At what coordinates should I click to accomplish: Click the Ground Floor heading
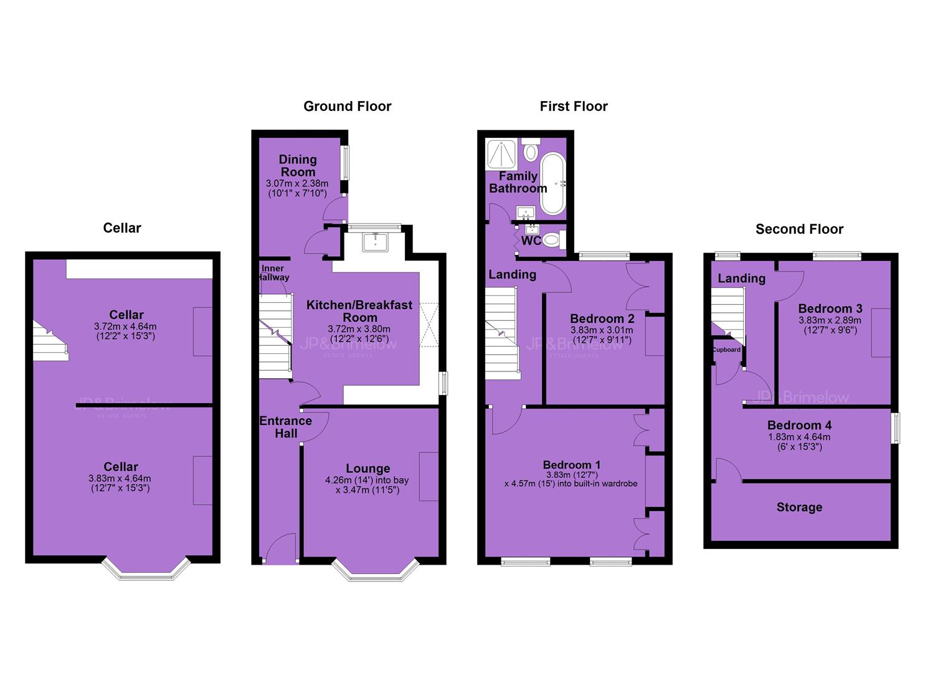(x=348, y=107)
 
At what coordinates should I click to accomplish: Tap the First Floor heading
(x=574, y=107)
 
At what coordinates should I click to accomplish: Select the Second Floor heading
(x=799, y=229)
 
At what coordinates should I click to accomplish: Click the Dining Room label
(x=298, y=165)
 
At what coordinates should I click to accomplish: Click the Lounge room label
(x=368, y=468)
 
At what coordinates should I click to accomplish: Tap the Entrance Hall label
(x=286, y=427)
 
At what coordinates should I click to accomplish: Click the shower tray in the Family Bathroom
(x=501, y=155)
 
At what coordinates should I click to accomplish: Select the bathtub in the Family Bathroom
(x=553, y=184)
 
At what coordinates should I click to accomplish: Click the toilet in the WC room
(x=554, y=240)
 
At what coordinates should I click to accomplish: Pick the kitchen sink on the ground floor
(x=375, y=242)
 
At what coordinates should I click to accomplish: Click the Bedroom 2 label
(x=602, y=318)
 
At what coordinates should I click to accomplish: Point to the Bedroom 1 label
(x=572, y=465)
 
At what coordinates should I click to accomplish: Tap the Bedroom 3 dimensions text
(x=830, y=325)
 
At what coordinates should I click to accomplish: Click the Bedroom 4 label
(x=799, y=425)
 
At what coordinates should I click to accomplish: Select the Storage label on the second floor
(x=799, y=507)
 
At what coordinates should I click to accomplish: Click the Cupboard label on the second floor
(x=726, y=350)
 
